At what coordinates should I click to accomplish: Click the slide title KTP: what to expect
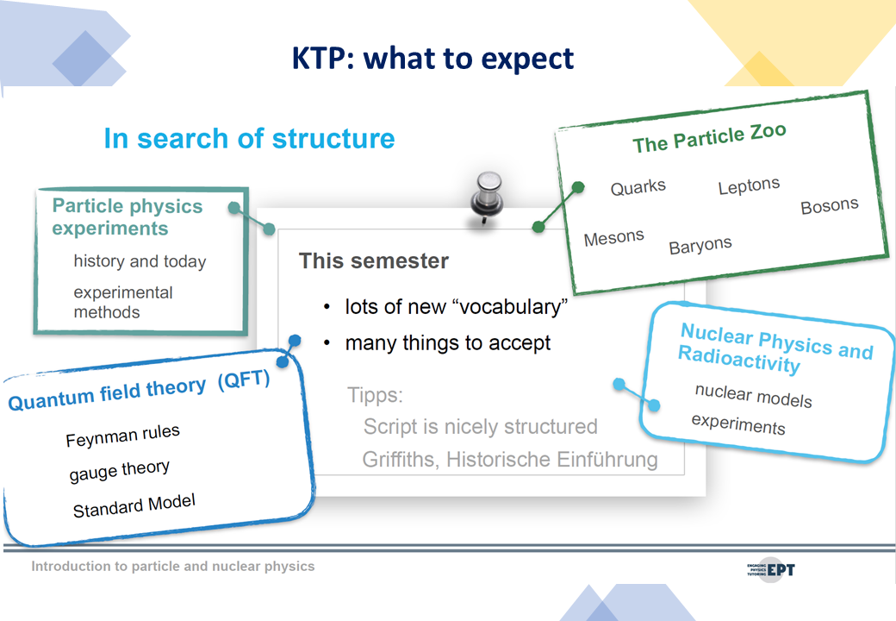432,59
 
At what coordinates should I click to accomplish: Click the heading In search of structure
249,139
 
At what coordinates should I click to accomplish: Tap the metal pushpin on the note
486,198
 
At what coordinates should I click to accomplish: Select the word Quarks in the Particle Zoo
638,187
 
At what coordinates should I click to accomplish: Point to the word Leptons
750,185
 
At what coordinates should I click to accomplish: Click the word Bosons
830,205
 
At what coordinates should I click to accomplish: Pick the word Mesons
613,237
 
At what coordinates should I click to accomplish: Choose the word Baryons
700,245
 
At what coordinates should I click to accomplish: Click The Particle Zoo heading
709,138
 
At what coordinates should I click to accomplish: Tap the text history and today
140,261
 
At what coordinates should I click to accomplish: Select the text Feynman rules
123,436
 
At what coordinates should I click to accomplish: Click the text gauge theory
120,471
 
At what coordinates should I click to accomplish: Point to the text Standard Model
134,505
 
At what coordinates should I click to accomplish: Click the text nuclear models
753,396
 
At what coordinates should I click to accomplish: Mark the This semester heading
374,260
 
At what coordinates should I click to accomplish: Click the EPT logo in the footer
771,569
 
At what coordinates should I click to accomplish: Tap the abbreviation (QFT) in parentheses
244,379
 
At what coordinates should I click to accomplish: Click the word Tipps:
375,395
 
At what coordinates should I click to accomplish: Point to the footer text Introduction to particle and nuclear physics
172,566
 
